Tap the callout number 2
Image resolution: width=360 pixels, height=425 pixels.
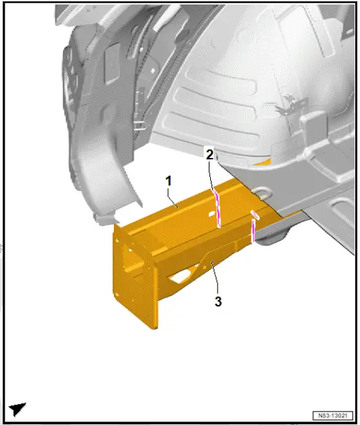coord(210,155)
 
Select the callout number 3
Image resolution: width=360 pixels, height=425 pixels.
coord(218,302)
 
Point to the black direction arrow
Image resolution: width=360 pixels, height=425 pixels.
coord(18,409)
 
